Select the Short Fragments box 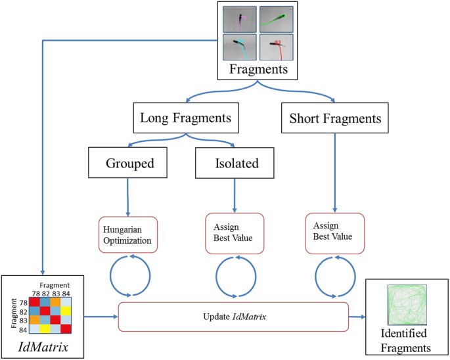pos(335,119)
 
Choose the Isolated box pos(235,162)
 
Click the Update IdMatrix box pos(233,317)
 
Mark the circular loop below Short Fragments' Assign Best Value pos(335,276)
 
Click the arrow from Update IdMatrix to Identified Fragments pos(357,317)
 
